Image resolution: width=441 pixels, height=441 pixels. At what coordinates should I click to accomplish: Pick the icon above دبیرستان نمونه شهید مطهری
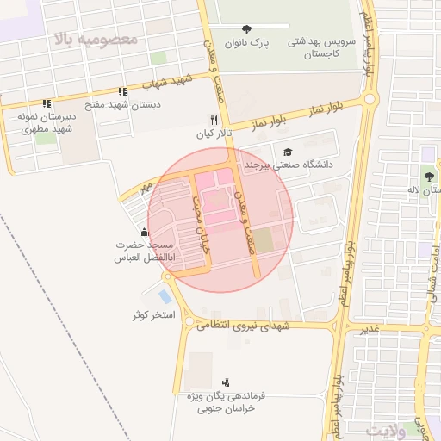click(x=47, y=103)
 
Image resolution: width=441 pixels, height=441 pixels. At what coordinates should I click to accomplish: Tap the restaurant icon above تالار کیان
click(x=214, y=120)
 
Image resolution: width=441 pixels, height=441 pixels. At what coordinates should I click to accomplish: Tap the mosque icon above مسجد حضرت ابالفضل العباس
click(x=143, y=232)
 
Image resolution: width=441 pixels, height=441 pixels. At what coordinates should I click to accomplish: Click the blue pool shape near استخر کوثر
click(x=165, y=296)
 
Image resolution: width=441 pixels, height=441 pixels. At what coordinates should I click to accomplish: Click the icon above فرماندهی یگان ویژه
click(x=226, y=382)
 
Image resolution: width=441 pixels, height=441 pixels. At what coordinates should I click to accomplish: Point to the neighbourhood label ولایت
click(x=384, y=429)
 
